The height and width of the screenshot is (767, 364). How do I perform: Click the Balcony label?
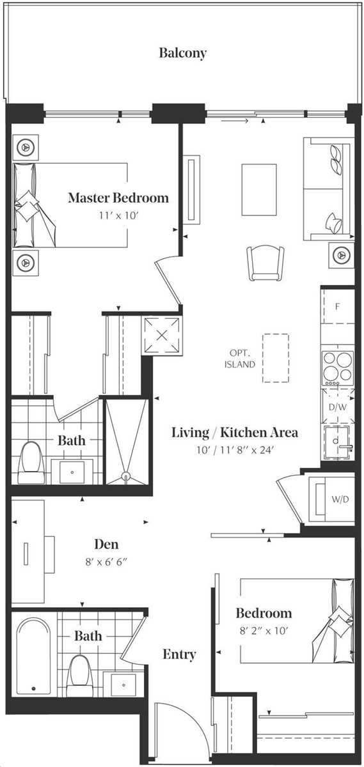183,53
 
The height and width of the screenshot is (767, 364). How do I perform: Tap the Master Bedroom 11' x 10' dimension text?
118,216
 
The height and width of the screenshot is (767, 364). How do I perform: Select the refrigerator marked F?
338,306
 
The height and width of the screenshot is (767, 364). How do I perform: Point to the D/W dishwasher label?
338,407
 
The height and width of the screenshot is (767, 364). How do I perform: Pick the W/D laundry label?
340,499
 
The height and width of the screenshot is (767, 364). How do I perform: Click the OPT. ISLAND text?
240,358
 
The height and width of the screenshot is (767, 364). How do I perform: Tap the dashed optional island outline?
276,358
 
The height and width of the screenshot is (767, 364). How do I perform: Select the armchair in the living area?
265,263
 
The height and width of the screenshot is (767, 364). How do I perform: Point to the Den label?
106,544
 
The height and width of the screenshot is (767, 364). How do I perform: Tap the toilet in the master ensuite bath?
31,463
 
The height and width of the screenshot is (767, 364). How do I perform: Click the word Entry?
179,655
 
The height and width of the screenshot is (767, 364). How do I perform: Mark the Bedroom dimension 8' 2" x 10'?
264,631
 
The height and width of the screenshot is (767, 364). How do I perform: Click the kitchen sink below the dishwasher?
338,442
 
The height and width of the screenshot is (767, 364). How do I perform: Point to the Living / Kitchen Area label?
234,433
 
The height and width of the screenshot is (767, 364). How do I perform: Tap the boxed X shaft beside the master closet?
162,335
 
